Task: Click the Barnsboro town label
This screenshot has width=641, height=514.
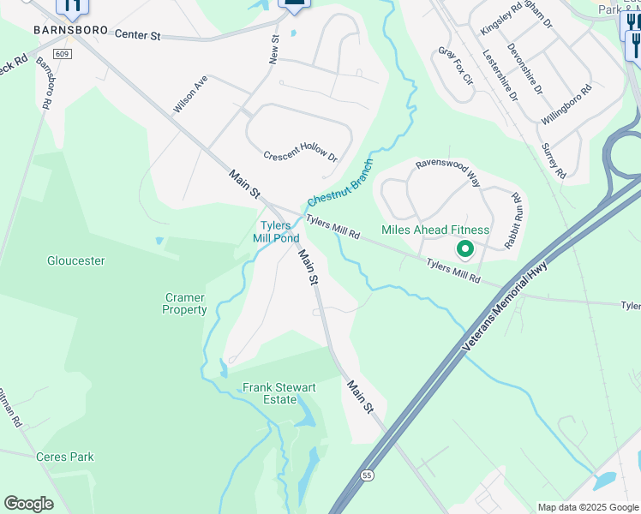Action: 71,30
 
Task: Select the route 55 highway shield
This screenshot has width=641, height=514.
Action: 367,475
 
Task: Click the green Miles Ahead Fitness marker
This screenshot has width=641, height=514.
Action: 465,249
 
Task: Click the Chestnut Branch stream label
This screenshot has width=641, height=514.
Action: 340,182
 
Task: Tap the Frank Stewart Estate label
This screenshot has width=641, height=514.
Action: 279,393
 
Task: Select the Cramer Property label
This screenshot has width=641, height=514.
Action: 184,303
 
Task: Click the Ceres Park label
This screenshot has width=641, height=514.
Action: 65,457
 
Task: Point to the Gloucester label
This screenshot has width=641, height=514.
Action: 76,260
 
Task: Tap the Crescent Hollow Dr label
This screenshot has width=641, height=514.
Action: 301,155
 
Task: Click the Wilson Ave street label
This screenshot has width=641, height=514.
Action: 190,94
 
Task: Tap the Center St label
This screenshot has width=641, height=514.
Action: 137,35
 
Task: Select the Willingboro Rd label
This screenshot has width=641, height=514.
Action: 566,105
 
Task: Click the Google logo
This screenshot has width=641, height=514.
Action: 28,504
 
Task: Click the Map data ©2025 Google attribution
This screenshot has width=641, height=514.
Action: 588,507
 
